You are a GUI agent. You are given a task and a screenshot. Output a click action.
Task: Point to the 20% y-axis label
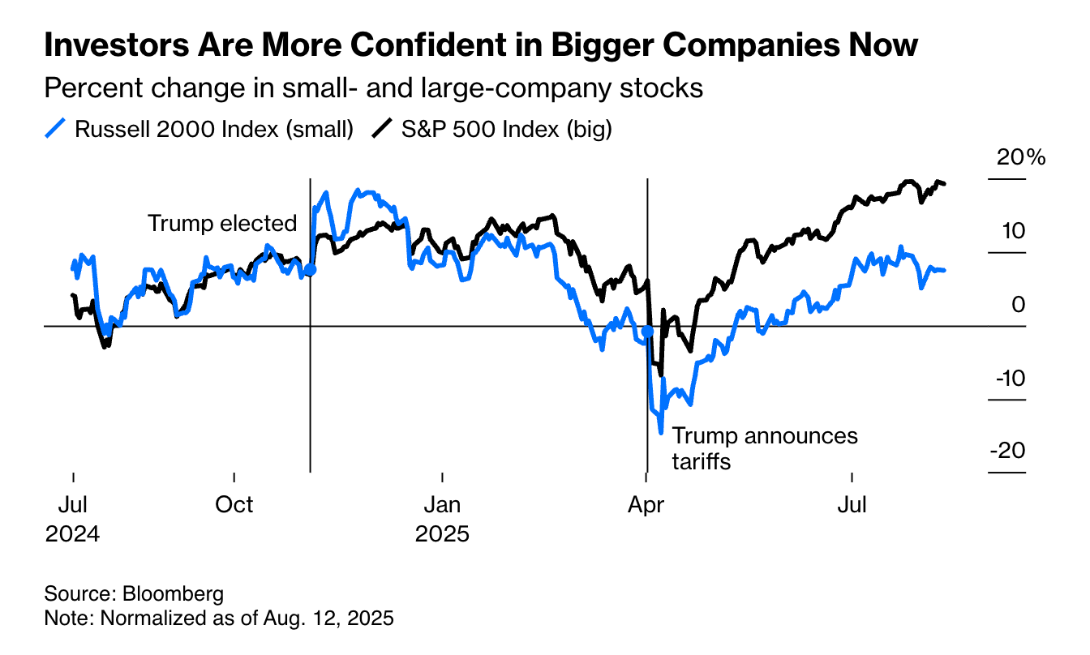click(1021, 157)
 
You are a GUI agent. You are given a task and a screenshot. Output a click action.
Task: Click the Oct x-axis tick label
click(234, 504)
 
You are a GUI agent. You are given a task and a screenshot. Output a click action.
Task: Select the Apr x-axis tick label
click(646, 504)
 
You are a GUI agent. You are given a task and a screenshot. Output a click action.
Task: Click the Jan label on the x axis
click(442, 504)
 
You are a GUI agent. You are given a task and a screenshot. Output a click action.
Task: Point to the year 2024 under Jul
click(73, 535)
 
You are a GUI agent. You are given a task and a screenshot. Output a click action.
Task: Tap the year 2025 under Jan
click(442, 535)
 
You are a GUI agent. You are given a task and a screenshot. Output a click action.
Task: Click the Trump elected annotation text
click(222, 223)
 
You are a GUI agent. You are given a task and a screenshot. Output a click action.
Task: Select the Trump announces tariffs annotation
click(765, 448)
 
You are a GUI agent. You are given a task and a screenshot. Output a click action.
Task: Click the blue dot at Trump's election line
click(310, 270)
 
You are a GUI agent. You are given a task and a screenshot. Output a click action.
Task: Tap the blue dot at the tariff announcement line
click(647, 332)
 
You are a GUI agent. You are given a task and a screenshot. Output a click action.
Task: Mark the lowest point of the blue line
click(661, 432)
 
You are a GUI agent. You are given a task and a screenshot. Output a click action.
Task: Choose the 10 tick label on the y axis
click(1015, 231)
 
